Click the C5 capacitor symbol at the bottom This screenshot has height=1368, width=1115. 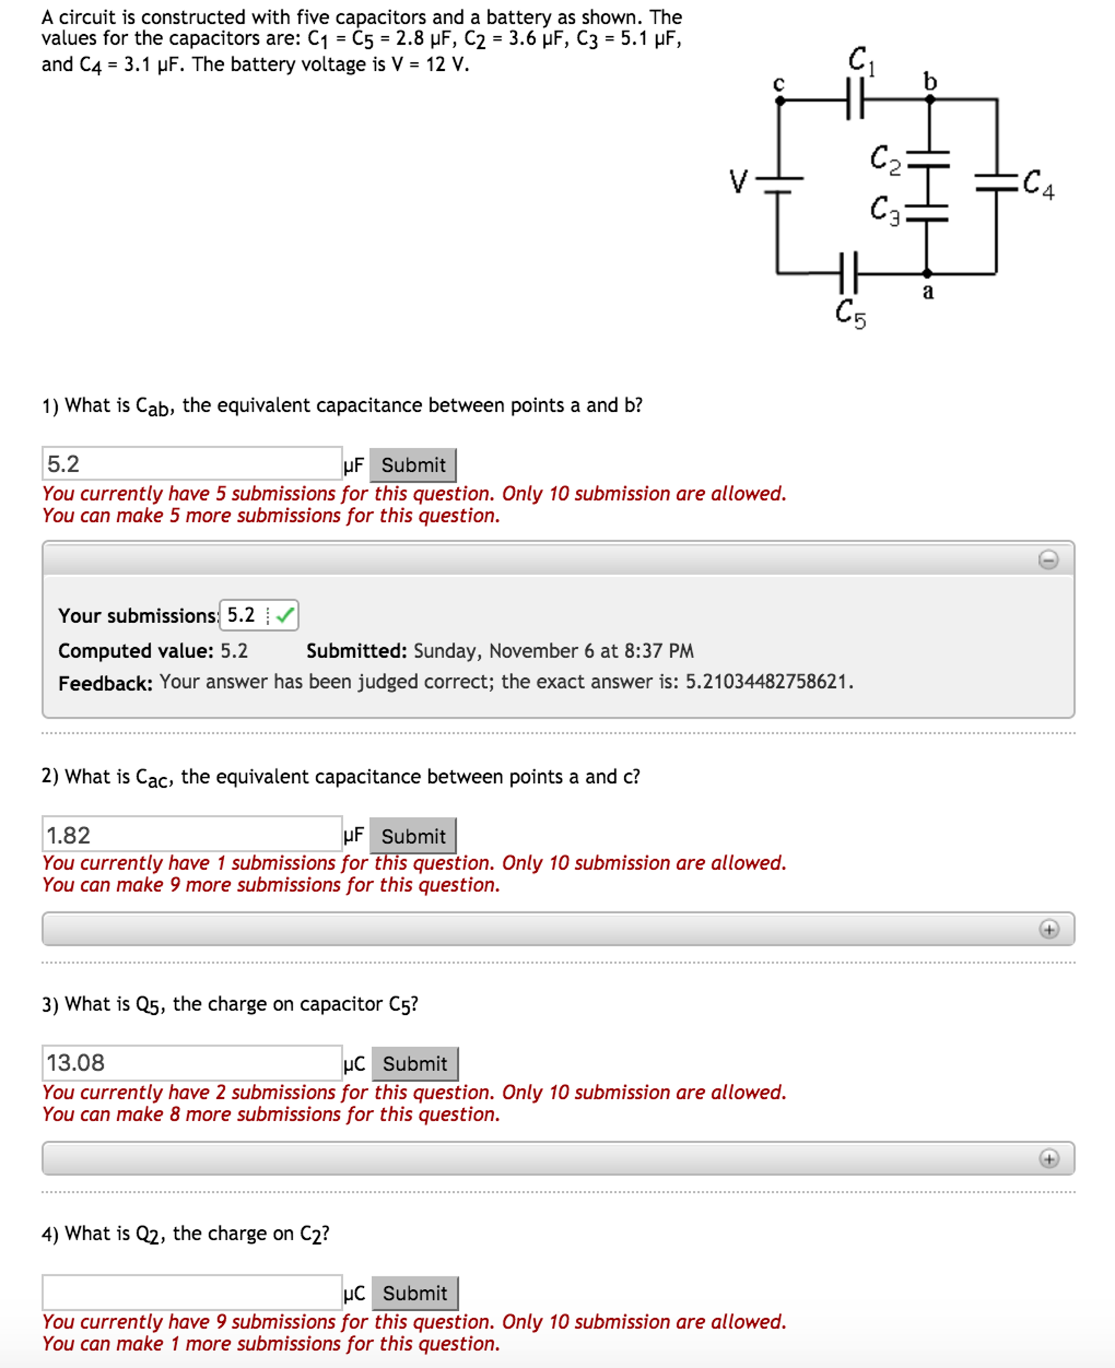847,272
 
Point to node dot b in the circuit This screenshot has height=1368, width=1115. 929,100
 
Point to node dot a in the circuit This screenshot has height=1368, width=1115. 926,273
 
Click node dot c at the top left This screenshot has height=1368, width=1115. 779,100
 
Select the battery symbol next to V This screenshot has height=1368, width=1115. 778,184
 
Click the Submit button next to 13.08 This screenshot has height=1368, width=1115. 414,1063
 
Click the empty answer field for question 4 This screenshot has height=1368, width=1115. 192,1292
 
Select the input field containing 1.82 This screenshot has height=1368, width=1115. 192,834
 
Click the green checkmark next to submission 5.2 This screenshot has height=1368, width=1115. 285,614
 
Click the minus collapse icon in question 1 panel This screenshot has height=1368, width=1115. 1047,559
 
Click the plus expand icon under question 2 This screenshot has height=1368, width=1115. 1048,929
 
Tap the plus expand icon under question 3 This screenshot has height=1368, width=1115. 1048,1158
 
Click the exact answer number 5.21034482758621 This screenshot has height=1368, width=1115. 768,681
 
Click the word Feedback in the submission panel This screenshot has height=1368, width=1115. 105,683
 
